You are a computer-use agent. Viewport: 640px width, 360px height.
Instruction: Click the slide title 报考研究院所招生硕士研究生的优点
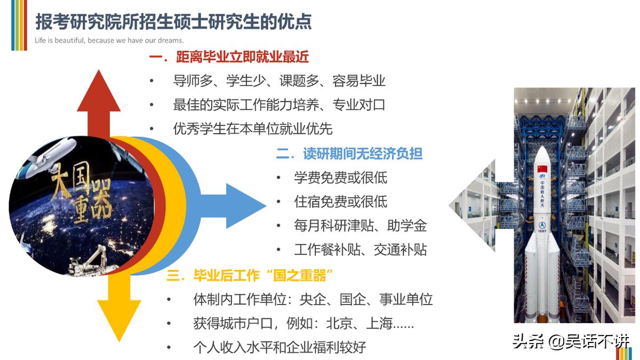(173, 22)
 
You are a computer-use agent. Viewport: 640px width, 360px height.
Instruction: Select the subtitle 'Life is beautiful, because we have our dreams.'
(109, 41)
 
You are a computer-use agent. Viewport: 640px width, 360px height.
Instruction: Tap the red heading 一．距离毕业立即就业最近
(229, 57)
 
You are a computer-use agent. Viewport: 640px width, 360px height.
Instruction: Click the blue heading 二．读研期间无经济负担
(349, 154)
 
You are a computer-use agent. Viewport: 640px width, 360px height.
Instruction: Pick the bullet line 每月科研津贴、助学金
(361, 226)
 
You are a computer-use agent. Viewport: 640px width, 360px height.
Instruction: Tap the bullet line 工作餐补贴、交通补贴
(361, 250)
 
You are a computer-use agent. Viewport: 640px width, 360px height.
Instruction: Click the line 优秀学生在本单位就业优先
(253, 129)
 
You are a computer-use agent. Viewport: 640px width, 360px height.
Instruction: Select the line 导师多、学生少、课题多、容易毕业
(279, 81)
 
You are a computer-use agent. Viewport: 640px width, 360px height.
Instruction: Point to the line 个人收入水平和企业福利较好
(279, 347)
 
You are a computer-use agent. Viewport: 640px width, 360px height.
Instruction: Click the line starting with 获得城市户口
(303, 323)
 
